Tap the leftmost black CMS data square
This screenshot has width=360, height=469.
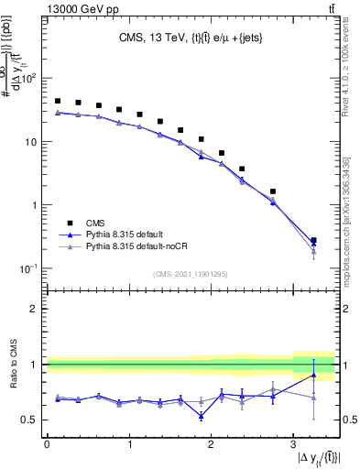(58, 102)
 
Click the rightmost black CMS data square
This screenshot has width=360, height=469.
(313, 241)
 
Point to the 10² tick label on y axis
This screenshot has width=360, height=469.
(30, 79)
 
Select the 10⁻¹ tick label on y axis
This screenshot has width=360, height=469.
(30, 268)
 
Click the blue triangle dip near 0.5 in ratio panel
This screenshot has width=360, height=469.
(201, 416)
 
